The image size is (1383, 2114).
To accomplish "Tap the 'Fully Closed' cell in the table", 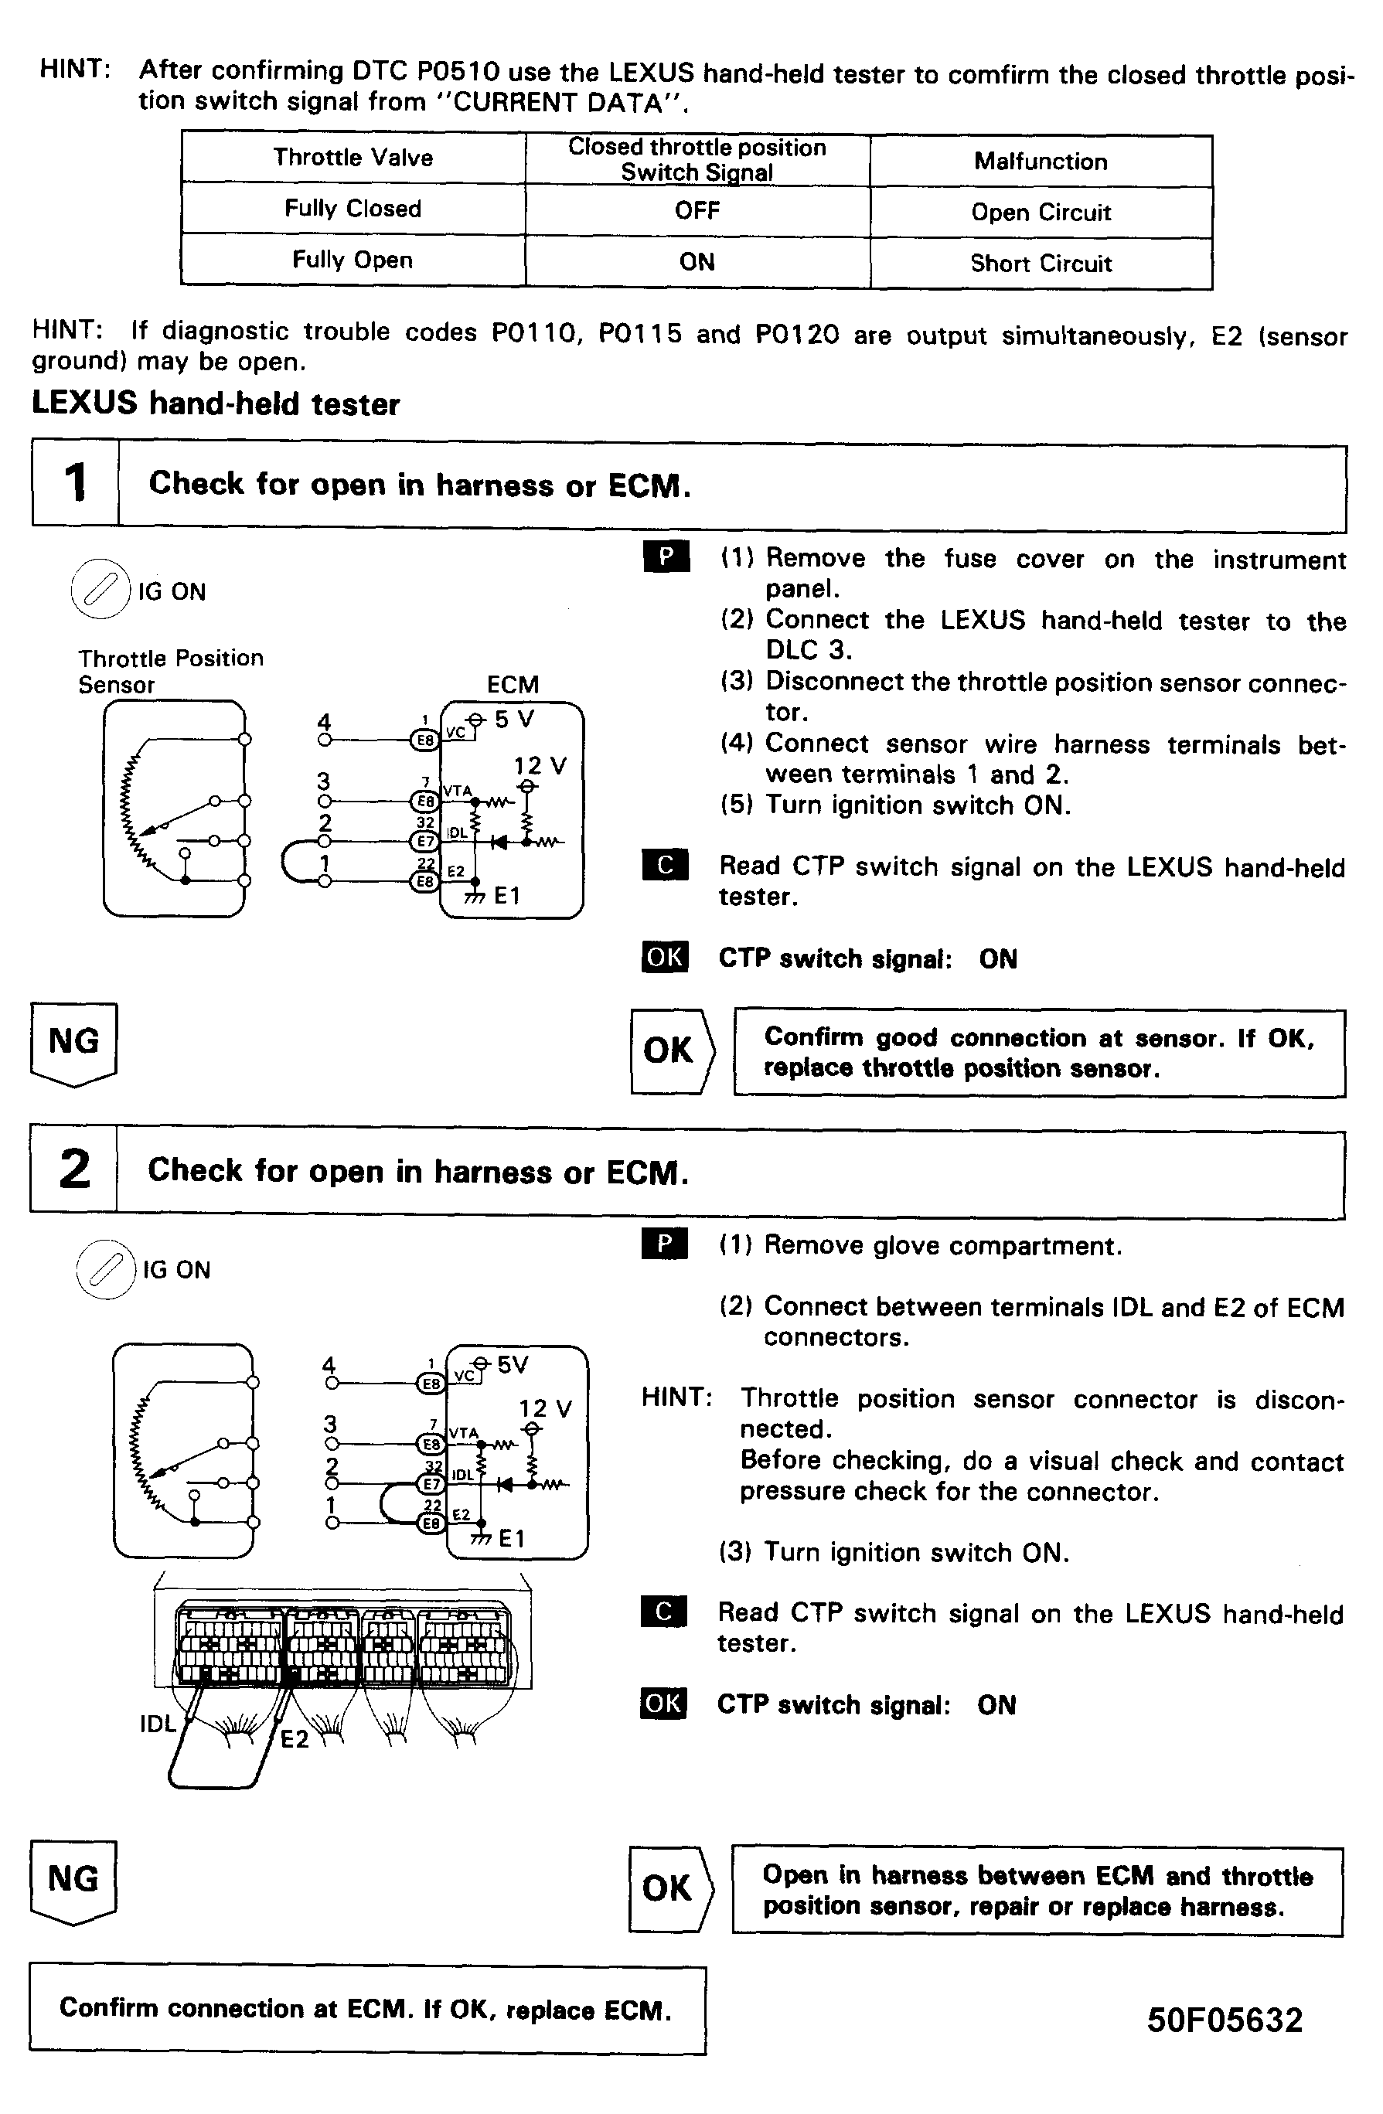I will [353, 209].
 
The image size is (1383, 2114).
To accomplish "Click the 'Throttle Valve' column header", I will [353, 158].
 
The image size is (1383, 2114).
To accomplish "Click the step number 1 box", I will [76, 483].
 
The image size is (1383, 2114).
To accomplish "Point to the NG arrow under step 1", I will [73, 1043].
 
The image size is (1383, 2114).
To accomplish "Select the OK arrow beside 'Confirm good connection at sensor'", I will [670, 1050].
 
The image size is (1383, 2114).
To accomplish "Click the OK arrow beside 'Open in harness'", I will [669, 1888].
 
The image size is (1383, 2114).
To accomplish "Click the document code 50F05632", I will [1224, 2020].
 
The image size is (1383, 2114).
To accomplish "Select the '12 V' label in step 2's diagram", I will [544, 1409].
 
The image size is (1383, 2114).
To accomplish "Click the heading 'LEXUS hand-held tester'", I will [216, 404].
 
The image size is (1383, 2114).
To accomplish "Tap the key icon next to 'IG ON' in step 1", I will [100, 589].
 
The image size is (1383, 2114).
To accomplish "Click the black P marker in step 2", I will [664, 1244].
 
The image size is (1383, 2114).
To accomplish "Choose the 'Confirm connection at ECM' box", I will [367, 2009].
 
